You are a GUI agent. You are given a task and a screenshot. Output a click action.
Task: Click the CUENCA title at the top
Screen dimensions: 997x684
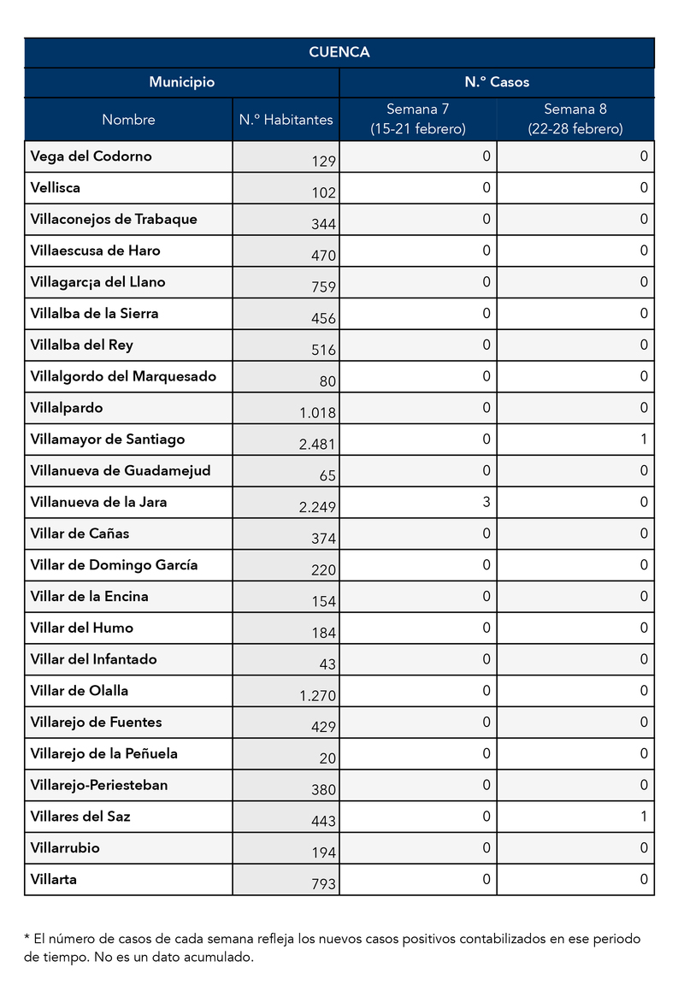339,52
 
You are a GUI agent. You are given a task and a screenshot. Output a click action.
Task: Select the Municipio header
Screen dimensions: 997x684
181,82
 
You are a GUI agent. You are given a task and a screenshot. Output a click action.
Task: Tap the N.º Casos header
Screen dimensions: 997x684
497,82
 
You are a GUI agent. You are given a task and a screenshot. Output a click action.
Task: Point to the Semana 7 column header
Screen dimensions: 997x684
417,119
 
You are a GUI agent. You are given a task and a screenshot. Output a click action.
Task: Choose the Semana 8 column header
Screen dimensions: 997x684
575,119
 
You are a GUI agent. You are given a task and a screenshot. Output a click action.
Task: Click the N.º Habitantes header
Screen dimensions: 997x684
286,120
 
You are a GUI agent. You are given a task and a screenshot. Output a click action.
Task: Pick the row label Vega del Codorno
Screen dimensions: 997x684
91,156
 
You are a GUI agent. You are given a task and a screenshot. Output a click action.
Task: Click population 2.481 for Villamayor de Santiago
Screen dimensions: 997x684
317,445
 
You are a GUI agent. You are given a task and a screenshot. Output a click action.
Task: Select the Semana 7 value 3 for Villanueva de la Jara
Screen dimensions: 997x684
486,502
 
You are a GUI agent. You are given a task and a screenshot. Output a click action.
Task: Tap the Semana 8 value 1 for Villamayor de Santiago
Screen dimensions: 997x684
644,440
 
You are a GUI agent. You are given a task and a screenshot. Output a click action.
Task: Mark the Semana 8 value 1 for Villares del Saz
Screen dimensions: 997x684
644,817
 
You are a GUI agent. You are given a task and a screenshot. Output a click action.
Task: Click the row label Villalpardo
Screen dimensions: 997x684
66,408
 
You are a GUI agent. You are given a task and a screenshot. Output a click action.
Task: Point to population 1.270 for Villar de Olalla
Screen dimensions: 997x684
317,696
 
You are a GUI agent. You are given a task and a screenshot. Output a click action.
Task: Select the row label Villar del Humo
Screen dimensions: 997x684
81,628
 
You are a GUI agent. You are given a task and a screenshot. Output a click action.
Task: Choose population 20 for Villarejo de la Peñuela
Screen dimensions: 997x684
327,758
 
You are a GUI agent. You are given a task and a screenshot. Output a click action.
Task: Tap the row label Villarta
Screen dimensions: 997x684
53,879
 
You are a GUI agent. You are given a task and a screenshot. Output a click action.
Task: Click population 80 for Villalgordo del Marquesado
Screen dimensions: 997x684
327,381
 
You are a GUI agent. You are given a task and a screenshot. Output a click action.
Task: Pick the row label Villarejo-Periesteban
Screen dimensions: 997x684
98,785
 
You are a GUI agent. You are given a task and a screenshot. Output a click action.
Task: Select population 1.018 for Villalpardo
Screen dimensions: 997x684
317,413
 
